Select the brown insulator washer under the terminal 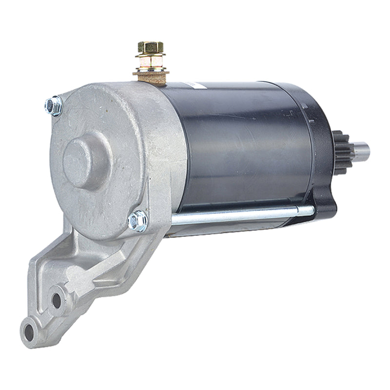click(x=151, y=74)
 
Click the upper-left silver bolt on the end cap click(x=54, y=105)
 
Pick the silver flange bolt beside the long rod click(x=138, y=221)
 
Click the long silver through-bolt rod click(x=234, y=215)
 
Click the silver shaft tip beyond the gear click(x=361, y=151)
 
